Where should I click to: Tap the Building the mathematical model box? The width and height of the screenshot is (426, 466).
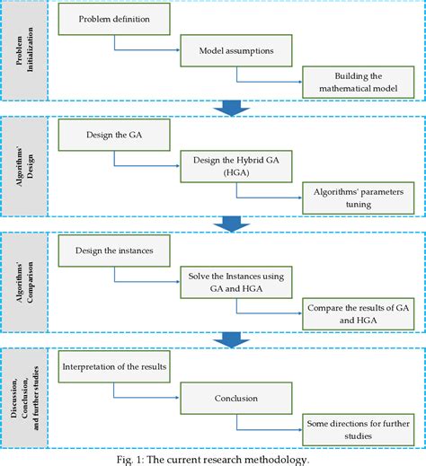pyautogui.click(x=359, y=84)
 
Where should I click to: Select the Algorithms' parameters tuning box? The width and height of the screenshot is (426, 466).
pyautogui.click(x=359, y=197)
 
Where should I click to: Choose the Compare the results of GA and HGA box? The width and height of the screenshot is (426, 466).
pyautogui.click(x=359, y=312)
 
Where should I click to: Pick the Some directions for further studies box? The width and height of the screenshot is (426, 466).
pyautogui.click(x=359, y=429)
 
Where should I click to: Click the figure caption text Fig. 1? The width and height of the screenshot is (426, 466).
pyautogui.click(x=213, y=458)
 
